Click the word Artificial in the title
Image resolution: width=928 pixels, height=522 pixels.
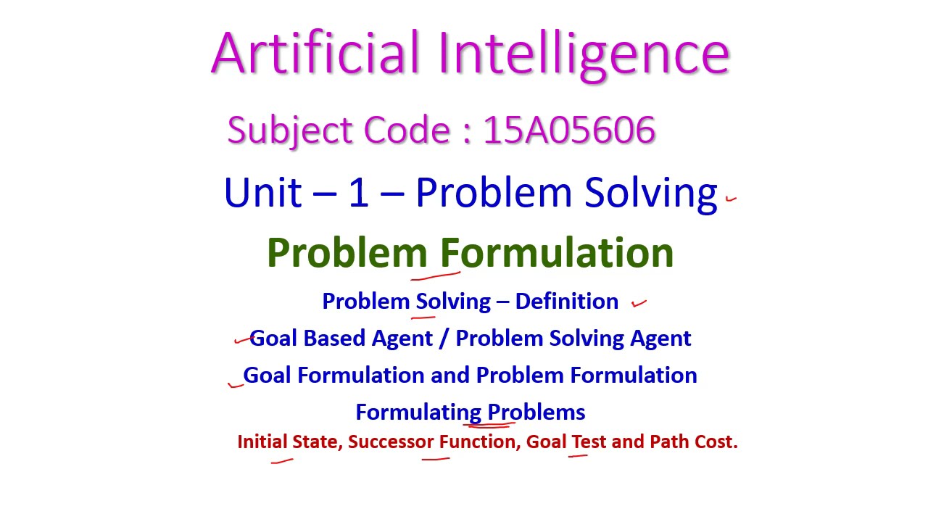pos(315,54)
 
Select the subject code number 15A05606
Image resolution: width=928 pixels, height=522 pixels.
pos(569,130)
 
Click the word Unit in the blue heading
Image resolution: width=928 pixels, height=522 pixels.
pos(262,193)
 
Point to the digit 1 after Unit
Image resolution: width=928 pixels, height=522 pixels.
pos(358,193)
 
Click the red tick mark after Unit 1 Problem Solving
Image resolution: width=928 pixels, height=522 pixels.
pos(731,197)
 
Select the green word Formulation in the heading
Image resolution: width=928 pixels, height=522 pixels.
pos(557,252)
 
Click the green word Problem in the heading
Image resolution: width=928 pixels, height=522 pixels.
pos(347,252)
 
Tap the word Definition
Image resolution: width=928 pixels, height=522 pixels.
pos(566,301)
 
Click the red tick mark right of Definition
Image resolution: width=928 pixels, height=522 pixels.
pos(639,304)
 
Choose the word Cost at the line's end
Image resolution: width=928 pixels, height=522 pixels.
pos(716,442)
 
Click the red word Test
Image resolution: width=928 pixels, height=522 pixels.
pos(589,442)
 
